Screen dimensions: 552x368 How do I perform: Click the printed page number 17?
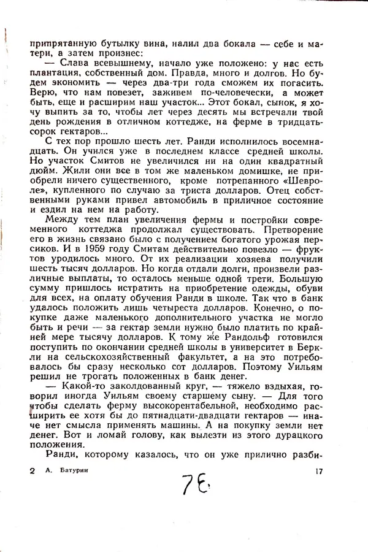pyautogui.click(x=316, y=471)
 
